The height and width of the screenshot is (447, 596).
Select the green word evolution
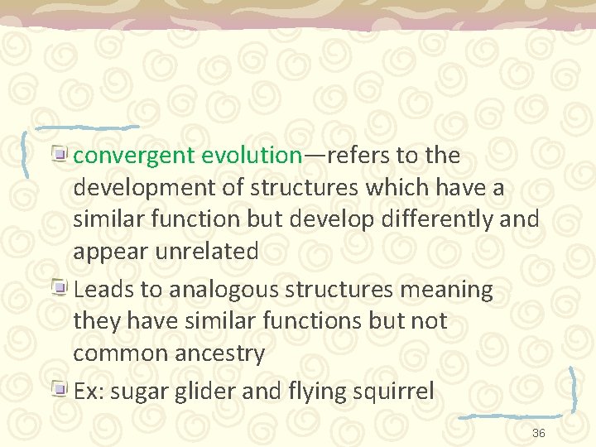click(252, 156)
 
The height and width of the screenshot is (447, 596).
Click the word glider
click(197, 392)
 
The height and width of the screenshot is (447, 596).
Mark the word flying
click(309, 392)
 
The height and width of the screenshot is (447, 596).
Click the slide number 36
click(538, 434)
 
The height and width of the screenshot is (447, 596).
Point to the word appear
click(110, 252)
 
